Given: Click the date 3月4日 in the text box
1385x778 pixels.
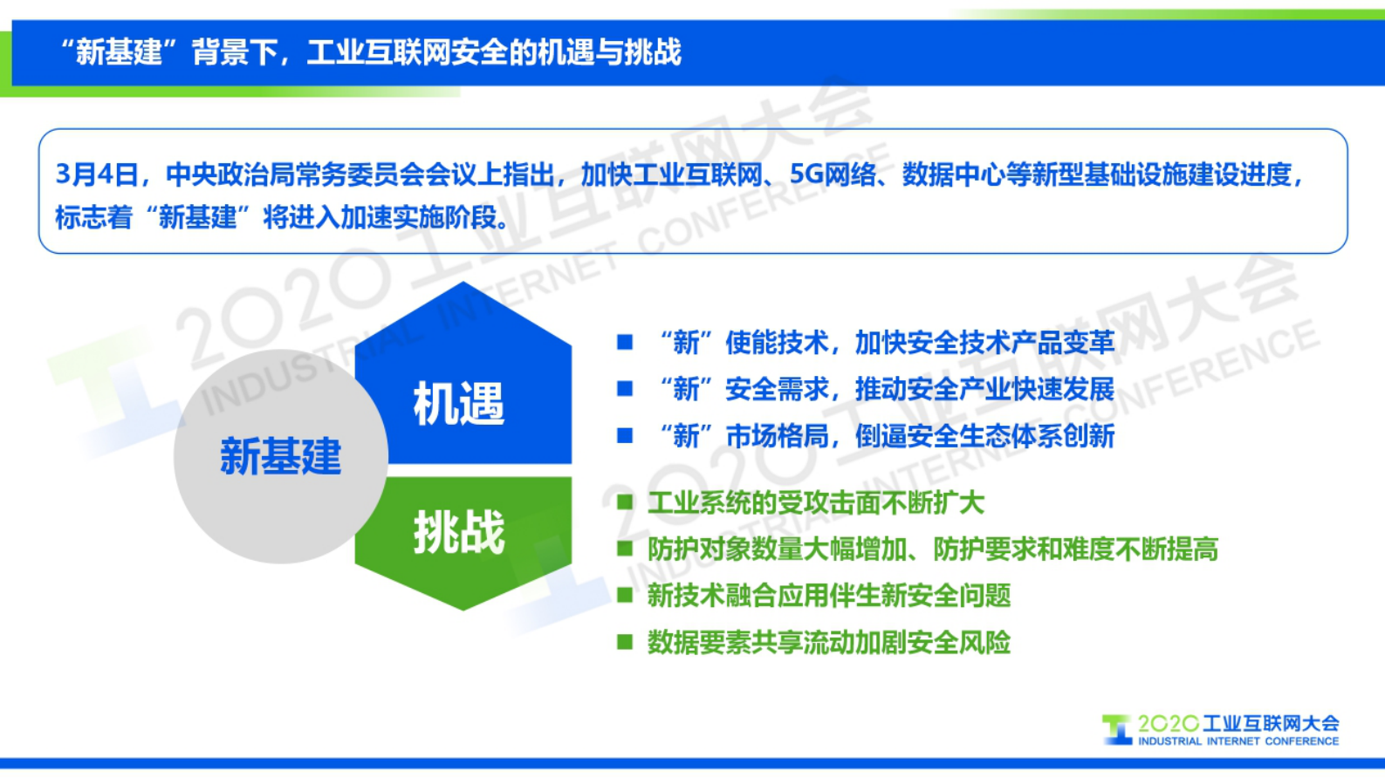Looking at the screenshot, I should pos(97,174).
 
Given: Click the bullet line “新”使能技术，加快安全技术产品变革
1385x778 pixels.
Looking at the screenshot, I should pos(887,343).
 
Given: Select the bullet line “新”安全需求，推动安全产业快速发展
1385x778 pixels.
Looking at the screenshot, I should pos(887,389).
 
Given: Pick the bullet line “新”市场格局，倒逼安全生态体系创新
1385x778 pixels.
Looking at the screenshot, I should pos(887,435).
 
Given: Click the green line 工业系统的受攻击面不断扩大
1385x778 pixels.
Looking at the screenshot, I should pos(815,502).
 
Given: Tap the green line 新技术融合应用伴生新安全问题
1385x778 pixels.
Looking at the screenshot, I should pos(828,596).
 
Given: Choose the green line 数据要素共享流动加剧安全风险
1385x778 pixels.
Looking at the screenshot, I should pos(828,643).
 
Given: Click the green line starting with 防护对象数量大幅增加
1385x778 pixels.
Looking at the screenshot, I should pos(932,549).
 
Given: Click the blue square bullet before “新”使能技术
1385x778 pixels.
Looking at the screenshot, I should pos(625,342).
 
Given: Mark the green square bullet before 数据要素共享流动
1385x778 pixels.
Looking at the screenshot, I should pos(625,643).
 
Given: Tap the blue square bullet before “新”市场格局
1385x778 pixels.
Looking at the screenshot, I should pos(625,435).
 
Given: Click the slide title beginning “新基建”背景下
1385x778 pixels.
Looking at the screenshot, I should pos(370,52).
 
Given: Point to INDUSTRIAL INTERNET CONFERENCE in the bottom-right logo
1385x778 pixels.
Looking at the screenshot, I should pos(1238,741).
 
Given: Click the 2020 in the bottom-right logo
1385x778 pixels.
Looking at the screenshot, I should pos(1168,724).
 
